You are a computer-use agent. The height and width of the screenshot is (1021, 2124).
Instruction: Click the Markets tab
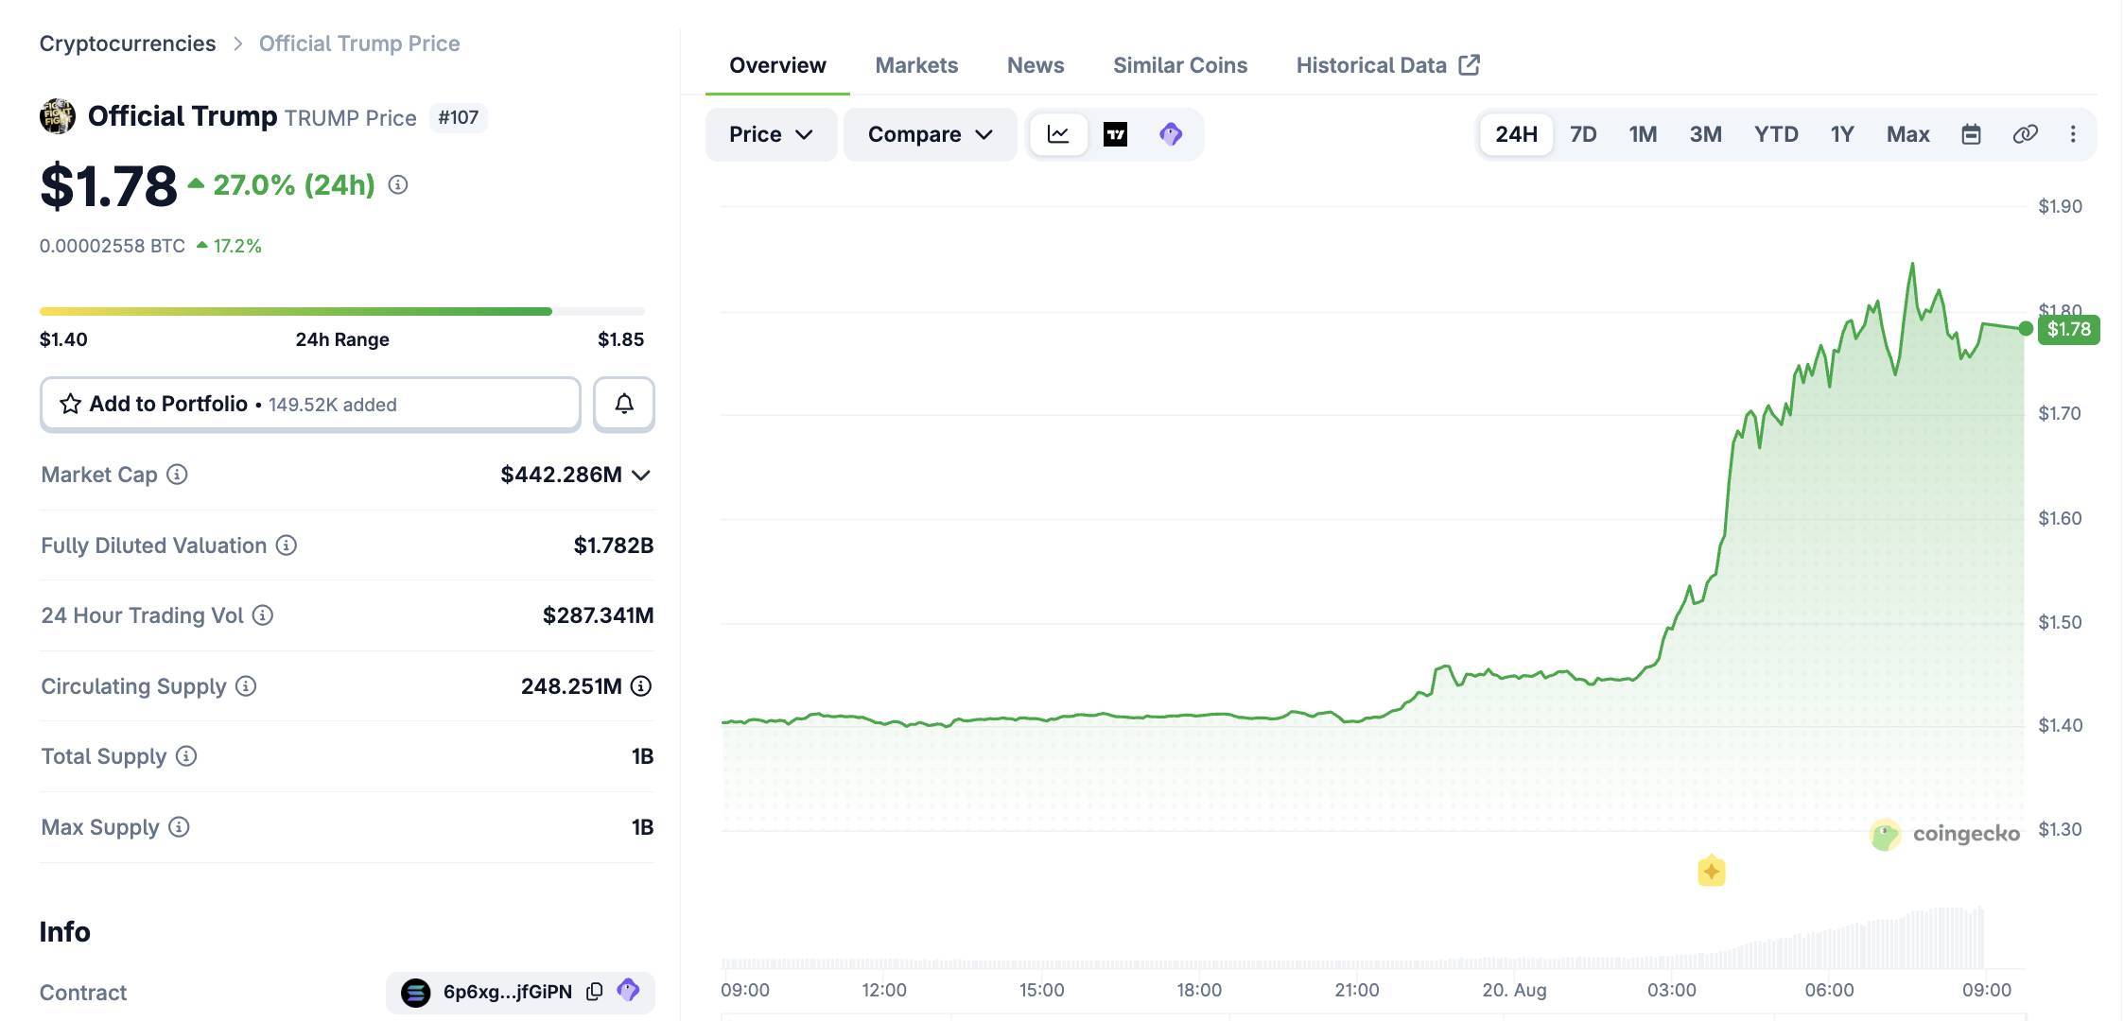click(x=916, y=65)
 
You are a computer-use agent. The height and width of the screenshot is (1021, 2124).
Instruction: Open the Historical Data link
click(x=1387, y=65)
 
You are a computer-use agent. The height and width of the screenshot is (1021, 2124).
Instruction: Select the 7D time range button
click(x=1583, y=134)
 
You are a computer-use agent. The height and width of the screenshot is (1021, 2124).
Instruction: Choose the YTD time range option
click(x=1776, y=134)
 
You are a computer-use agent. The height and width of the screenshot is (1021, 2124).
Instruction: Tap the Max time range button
click(x=1907, y=134)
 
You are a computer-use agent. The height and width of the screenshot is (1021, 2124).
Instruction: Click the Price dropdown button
click(x=771, y=134)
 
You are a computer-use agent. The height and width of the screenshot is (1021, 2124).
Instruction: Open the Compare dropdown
click(x=930, y=134)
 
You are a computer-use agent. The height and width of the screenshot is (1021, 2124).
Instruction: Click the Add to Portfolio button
click(x=310, y=404)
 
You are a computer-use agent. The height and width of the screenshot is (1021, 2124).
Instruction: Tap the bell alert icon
click(x=624, y=404)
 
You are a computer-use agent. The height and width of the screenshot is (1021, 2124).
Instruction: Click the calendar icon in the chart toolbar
click(x=1971, y=134)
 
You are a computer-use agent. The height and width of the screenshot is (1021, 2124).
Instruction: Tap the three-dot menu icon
click(x=2073, y=134)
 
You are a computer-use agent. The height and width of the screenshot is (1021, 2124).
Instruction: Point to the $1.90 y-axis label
click(x=2060, y=206)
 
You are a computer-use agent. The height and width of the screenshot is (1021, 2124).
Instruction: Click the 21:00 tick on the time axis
click(x=1356, y=990)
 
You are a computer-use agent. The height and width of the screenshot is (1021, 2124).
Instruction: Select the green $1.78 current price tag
click(x=2068, y=329)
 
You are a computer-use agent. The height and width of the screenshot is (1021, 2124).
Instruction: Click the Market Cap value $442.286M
click(x=561, y=475)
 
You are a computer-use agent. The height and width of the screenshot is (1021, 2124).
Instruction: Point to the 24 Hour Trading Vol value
click(x=598, y=615)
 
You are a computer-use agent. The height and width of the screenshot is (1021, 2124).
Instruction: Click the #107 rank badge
click(x=459, y=117)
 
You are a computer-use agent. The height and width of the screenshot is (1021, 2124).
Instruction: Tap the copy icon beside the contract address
click(x=594, y=992)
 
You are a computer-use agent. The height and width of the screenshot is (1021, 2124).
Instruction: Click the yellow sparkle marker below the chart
click(x=1711, y=871)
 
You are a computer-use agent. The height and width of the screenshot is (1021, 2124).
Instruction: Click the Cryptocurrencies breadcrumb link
click(x=128, y=43)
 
